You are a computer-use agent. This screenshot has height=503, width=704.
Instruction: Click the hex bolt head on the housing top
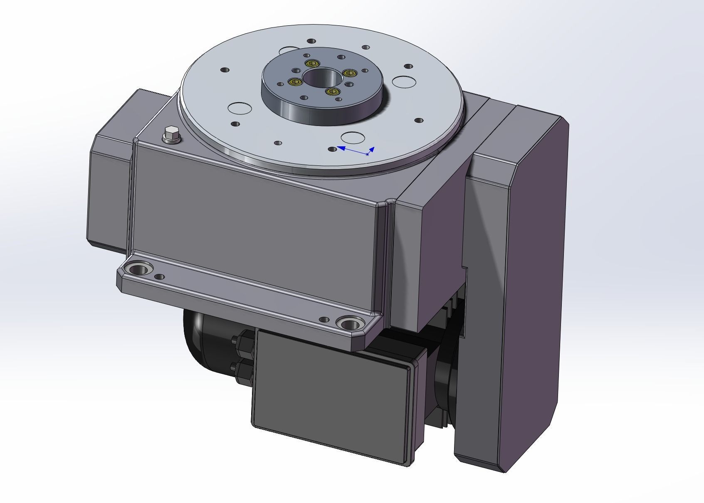coord(171,135)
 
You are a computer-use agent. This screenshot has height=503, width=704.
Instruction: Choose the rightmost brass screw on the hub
coord(350,74)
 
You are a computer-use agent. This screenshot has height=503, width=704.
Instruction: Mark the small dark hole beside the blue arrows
coord(333,149)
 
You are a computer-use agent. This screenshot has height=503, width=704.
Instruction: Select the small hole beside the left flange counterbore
coord(159,277)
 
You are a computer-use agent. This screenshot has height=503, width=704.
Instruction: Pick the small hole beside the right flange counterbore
coord(324,320)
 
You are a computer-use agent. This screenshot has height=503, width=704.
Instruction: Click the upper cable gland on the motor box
coord(243,343)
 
